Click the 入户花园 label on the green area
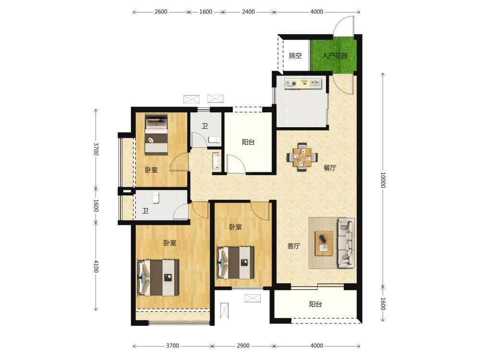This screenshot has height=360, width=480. (x=335, y=56)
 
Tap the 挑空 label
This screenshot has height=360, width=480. (x=295, y=55)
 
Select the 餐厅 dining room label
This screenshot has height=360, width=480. (x=330, y=168)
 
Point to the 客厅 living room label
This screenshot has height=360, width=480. (x=294, y=246)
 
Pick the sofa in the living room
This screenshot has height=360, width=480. (x=346, y=243)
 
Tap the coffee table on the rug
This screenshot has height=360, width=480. (x=324, y=243)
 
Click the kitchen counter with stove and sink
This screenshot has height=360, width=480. (x=303, y=84)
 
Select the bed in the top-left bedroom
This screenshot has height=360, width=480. (x=156, y=134)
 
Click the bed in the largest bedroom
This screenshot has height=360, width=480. (x=158, y=277)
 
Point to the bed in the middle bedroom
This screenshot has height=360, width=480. (x=235, y=263)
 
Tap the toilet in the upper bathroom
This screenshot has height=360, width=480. (x=214, y=140)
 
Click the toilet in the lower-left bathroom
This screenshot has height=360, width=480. (x=156, y=197)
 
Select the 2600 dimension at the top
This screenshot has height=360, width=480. (x=161, y=12)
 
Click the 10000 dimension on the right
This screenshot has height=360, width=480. (x=383, y=180)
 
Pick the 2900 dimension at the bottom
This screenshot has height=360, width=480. (x=243, y=346)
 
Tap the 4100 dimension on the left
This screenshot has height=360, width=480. (x=96, y=266)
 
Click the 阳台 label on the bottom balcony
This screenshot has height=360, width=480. (x=315, y=304)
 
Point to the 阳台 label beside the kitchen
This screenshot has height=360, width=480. (x=248, y=142)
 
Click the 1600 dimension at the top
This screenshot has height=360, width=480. (x=206, y=12)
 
